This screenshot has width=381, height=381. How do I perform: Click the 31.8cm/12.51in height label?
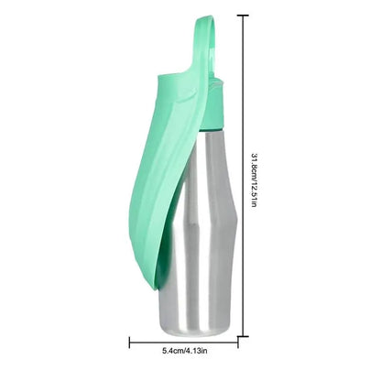254,180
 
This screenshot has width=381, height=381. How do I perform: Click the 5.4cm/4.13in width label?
185,351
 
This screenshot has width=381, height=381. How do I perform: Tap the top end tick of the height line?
243,16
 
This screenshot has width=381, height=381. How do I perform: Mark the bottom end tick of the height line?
243,337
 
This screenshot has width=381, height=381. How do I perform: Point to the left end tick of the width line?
130,343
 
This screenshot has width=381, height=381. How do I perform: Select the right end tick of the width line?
238,343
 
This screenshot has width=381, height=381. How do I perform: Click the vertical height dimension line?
243,176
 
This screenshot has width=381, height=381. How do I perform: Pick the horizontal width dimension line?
184,343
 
